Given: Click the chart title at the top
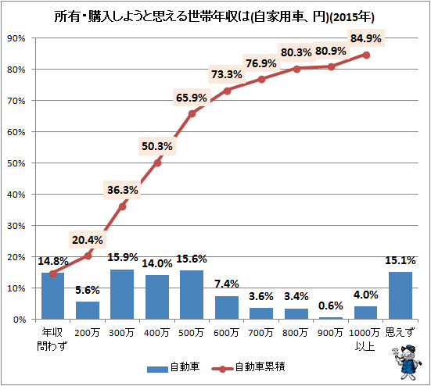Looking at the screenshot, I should pyautogui.click(x=215, y=16).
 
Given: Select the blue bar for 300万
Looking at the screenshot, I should pyautogui.click(x=122, y=295).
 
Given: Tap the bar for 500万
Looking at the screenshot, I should pyautogui.click(x=192, y=295).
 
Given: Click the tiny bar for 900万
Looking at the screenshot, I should pyautogui.click(x=331, y=317).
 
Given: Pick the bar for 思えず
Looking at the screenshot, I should pyautogui.click(x=400, y=295).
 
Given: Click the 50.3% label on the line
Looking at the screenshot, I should pyautogui.click(x=157, y=145).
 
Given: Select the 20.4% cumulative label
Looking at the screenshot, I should pyautogui.click(x=87, y=240).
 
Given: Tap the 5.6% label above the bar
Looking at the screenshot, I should pyautogui.click(x=87, y=289).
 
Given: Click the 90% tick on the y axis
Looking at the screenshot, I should pyautogui.click(x=16, y=38).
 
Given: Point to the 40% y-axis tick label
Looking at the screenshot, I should pyautogui.click(x=16, y=195).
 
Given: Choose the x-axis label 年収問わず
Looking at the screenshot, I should pyautogui.click(x=52, y=339).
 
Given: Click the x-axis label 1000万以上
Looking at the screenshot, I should pyautogui.click(x=365, y=339).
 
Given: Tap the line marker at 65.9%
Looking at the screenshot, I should pyautogui.click(x=192, y=113).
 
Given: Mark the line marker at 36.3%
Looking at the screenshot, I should pyautogui.click(x=122, y=206).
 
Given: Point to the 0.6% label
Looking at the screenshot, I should pyautogui.click(x=331, y=305).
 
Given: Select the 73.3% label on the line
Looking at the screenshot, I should pyautogui.click(x=227, y=74).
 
